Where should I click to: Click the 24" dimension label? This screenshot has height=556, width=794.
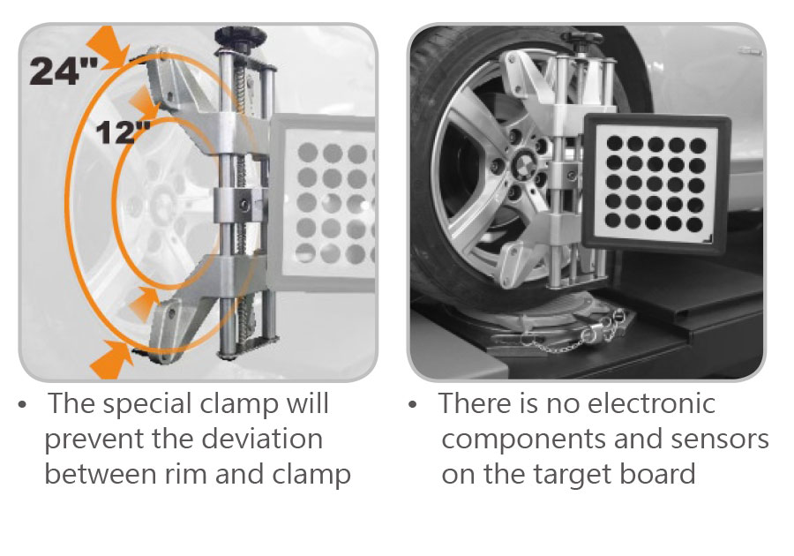(x=64, y=71)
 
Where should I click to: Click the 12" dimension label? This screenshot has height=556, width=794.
(x=123, y=132)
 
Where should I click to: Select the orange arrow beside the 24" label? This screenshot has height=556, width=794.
(x=108, y=47)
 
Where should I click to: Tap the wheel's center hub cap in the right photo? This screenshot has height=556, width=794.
(x=521, y=164)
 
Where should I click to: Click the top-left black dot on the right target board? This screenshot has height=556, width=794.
(x=615, y=142)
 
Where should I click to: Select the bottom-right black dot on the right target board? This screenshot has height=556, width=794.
(x=695, y=224)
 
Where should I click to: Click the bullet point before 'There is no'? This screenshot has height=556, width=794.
(x=413, y=404)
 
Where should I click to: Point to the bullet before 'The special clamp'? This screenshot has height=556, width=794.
(x=22, y=405)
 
